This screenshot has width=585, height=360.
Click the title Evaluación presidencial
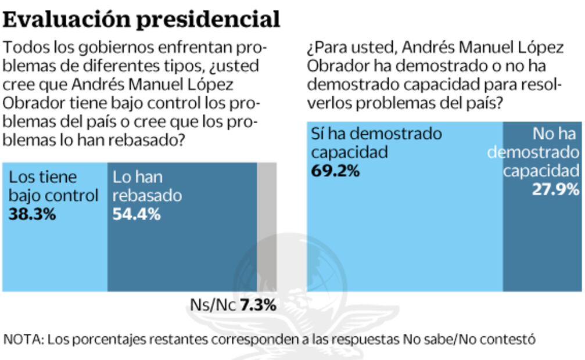click(142, 19)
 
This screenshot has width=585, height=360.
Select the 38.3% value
click(32, 214)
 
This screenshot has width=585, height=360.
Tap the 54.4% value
click(136, 214)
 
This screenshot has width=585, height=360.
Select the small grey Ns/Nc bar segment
click(267, 226)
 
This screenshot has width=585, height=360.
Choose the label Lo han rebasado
click(147, 186)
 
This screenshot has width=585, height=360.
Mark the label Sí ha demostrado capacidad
click(376, 143)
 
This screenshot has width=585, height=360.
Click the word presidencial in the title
click(210, 19)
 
